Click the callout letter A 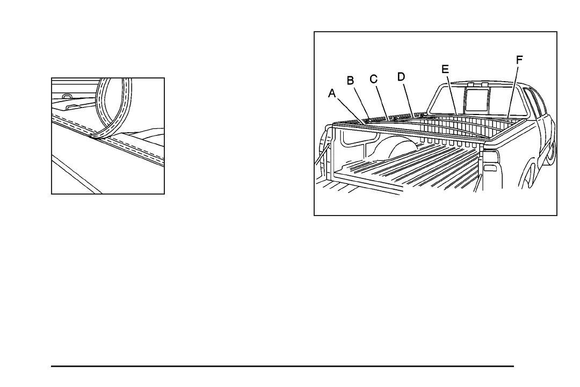(x=332, y=93)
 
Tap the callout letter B (x=350, y=81)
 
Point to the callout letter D (x=401, y=76)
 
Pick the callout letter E (x=445, y=69)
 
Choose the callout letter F (x=519, y=60)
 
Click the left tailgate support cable (x=320, y=159)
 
